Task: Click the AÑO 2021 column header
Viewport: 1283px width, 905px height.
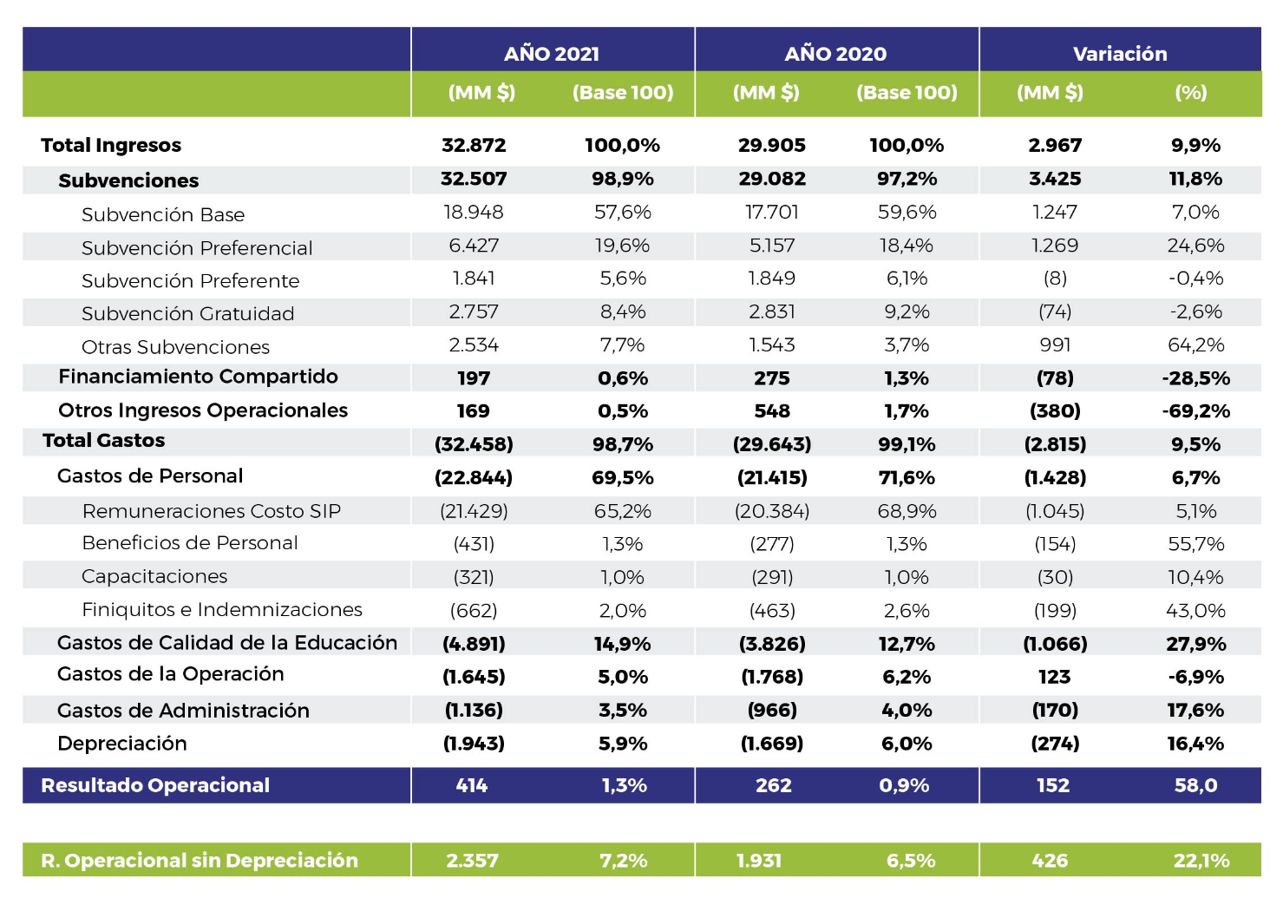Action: click(x=552, y=53)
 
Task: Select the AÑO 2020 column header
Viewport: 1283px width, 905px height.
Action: click(x=835, y=53)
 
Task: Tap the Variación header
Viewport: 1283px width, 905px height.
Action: click(x=1120, y=54)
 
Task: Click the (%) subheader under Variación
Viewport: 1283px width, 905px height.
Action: click(x=1191, y=92)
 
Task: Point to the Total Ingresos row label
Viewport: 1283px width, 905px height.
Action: click(x=111, y=146)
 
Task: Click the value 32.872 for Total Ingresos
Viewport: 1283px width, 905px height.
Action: click(x=474, y=145)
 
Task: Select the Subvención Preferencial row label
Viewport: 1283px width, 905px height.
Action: click(x=196, y=248)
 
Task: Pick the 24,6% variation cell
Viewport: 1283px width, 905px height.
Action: click(x=1196, y=246)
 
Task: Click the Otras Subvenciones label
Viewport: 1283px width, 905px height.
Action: click(x=175, y=347)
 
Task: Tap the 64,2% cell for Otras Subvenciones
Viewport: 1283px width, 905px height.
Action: click(x=1196, y=344)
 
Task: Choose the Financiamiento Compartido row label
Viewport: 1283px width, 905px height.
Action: click(x=198, y=377)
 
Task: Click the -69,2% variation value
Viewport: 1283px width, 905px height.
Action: click(x=1196, y=411)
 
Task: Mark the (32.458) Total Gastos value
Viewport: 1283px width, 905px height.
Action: click(x=474, y=444)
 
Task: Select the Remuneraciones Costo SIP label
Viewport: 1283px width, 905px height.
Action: click(x=212, y=511)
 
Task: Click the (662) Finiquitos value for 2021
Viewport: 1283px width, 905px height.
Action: click(x=474, y=611)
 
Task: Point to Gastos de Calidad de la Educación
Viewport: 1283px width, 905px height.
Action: click(x=226, y=643)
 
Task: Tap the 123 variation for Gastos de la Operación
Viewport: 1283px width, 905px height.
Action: click(x=1055, y=677)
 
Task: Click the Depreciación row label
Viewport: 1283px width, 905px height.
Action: click(x=122, y=744)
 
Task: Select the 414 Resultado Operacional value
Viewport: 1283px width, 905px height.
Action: click(x=471, y=785)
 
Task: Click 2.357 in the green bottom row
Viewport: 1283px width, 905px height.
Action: click(x=472, y=861)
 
